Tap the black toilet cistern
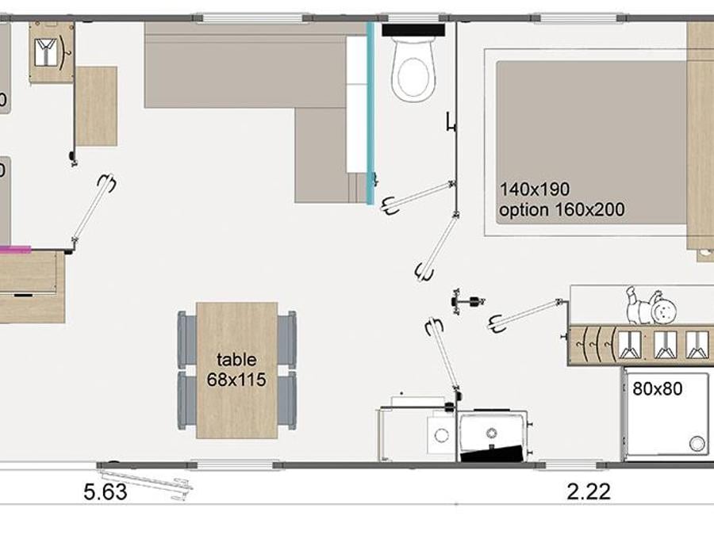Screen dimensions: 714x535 [x=413, y=30]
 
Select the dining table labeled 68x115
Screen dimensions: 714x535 [x=236, y=370]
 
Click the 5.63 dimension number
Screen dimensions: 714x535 [x=106, y=491]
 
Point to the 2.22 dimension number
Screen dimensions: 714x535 [x=589, y=491]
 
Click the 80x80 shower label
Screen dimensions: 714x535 [x=658, y=388]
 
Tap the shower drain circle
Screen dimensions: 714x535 [x=697, y=444]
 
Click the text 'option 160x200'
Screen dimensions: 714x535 [x=562, y=210]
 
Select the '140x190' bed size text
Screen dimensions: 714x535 [x=535, y=189]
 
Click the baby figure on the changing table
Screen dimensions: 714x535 [x=651, y=305]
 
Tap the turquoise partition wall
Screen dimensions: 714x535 [x=370, y=113]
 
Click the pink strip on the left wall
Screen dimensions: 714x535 [x=15, y=249]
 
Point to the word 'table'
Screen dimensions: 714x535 [x=236, y=360]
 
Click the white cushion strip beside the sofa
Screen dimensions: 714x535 [x=356, y=104]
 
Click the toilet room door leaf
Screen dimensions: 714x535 [x=419, y=197]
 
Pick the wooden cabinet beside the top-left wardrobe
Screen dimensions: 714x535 [x=96, y=106]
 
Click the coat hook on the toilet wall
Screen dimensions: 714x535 [x=451, y=123]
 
